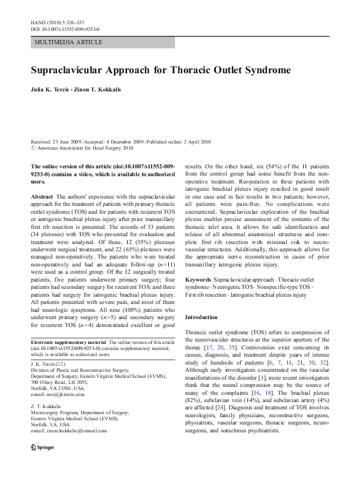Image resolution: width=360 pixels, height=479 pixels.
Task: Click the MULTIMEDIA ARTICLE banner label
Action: (x=69, y=42)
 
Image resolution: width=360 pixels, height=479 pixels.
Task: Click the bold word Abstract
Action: (x=41, y=197)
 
